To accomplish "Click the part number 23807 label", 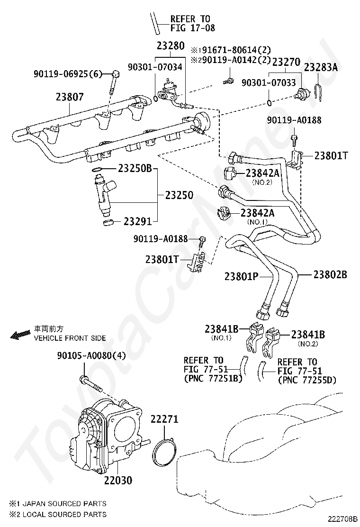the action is (70, 97).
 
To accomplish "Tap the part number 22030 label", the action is (118, 480).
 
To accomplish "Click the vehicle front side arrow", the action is (20, 335).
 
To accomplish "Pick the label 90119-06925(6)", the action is (67, 74).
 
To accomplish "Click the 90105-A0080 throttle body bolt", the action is (90, 384).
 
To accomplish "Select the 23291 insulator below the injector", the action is (108, 222).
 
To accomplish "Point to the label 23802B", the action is (330, 274).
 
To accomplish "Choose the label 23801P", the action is (241, 276).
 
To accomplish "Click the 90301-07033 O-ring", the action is (270, 102).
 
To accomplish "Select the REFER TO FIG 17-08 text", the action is (192, 23).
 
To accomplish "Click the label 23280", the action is (171, 45).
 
